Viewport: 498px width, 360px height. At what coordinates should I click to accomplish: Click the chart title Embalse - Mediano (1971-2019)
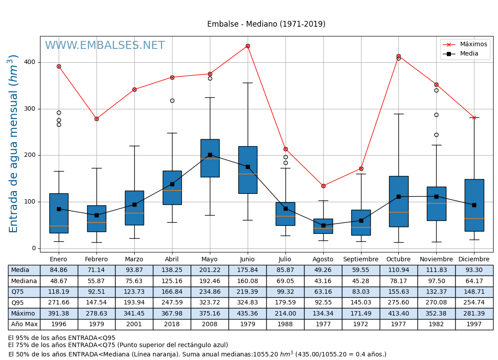pyautogui.click(x=266, y=24)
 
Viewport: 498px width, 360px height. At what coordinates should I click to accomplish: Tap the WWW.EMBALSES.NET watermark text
pyautogui.click(x=105, y=46)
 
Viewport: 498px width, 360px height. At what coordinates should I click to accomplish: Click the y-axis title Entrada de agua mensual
pyautogui.click(x=14, y=143)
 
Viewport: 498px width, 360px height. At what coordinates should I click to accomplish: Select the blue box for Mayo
pyautogui.click(x=210, y=158)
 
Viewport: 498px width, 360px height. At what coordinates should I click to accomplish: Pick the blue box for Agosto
pyautogui.click(x=323, y=226)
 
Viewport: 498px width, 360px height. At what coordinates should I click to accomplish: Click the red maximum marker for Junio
pyautogui.click(x=248, y=46)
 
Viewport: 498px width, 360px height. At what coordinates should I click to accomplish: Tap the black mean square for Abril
pyautogui.click(x=172, y=184)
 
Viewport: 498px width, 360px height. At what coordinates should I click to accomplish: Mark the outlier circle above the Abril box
pyautogui.click(x=172, y=100)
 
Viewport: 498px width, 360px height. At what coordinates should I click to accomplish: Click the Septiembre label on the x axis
pyautogui.click(x=361, y=260)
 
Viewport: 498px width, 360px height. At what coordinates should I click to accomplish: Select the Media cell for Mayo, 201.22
pyautogui.click(x=209, y=270)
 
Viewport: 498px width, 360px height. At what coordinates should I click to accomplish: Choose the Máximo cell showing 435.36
pyautogui.click(x=247, y=313)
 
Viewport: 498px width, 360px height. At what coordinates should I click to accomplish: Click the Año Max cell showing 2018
pyautogui.click(x=172, y=324)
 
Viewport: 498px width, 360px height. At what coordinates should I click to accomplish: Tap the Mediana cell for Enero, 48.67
pyautogui.click(x=59, y=281)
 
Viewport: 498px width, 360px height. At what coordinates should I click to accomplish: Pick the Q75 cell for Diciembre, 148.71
pyautogui.click(x=474, y=292)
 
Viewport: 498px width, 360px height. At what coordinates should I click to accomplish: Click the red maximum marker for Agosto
pyautogui.click(x=323, y=186)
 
